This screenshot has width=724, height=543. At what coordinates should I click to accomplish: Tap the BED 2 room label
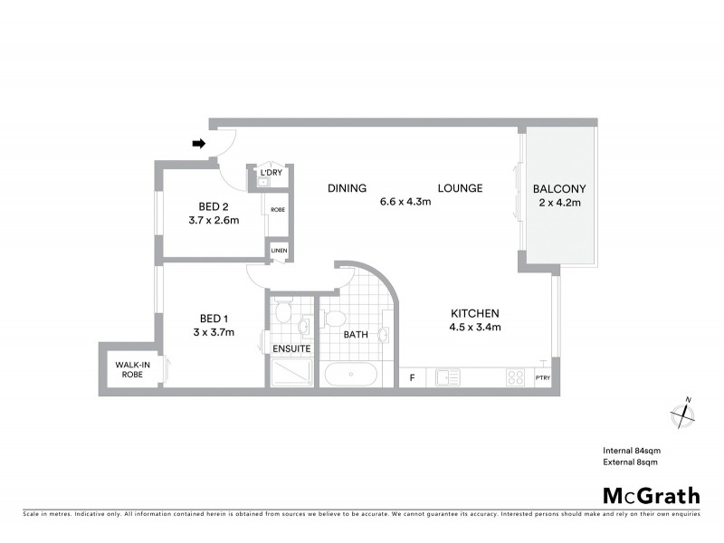click(214, 205)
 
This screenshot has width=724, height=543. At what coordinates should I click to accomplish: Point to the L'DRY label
click(270, 172)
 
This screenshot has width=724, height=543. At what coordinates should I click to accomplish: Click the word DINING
click(347, 188)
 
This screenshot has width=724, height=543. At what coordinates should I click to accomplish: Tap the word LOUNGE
click(460, 188)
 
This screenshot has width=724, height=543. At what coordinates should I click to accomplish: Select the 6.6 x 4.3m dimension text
click(405, 202)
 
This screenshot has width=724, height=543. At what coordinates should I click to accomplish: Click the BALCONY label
click(559, 188)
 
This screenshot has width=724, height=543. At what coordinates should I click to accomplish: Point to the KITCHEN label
click(475, 313)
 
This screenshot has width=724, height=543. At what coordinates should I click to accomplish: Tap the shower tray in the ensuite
click(291, 373)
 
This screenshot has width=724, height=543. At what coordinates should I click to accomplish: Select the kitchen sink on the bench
click(449, 378)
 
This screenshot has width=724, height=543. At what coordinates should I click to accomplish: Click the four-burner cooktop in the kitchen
click(516, 378)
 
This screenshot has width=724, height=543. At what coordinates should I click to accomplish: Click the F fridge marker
click(413, 378)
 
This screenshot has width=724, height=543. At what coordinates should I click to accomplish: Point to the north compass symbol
click(681, 414)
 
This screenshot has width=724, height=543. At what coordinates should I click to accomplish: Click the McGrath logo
click(652, 495)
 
